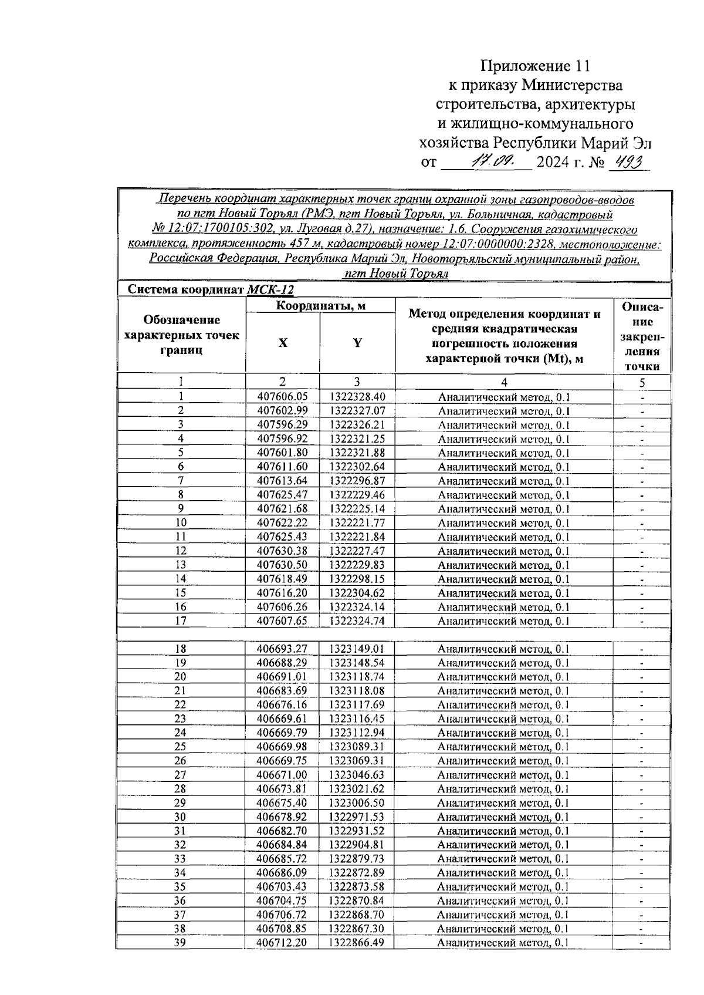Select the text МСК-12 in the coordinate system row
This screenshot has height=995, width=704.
(270, 290)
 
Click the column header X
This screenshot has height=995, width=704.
(283, 343)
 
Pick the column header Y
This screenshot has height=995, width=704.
(357, 343)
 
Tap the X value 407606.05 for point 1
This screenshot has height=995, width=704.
(283, 397)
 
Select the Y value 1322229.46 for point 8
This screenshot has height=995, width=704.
(357, 495)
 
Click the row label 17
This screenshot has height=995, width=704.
(181, 620)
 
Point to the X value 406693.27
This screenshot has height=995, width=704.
(282, 649)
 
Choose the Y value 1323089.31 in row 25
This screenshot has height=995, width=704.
(357, 747)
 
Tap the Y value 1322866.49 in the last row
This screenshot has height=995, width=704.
(357, 943)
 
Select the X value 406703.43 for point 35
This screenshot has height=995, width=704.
(282, 886)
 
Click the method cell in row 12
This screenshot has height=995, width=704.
(504, 551)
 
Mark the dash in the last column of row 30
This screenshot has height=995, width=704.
(642, 817)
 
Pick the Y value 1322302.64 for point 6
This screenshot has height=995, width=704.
(357, 467)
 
